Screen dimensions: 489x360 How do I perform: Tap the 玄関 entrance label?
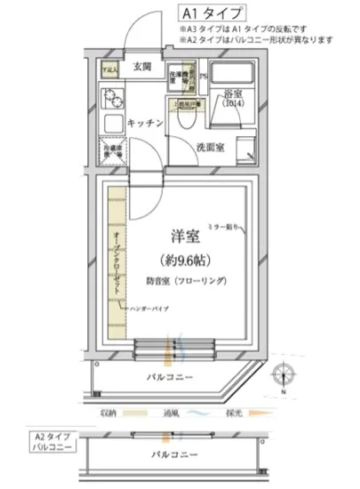pos(143,67)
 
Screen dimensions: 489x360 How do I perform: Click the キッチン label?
pos(143,123)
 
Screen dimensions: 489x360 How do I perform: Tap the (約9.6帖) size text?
pos(185,261)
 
